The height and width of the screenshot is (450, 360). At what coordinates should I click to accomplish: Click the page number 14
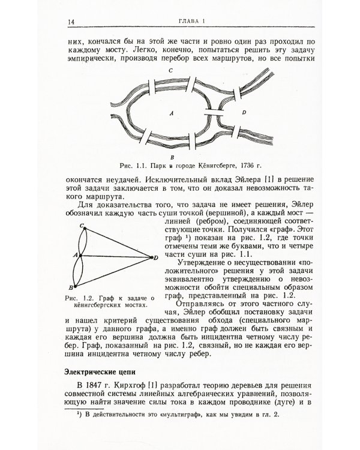tap(70, 22)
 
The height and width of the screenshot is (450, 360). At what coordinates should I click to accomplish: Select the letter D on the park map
tap(243, 112)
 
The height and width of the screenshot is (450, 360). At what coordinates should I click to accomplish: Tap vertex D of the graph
tap(151, 257)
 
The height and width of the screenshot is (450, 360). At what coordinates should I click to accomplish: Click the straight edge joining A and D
tap(114, 257)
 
